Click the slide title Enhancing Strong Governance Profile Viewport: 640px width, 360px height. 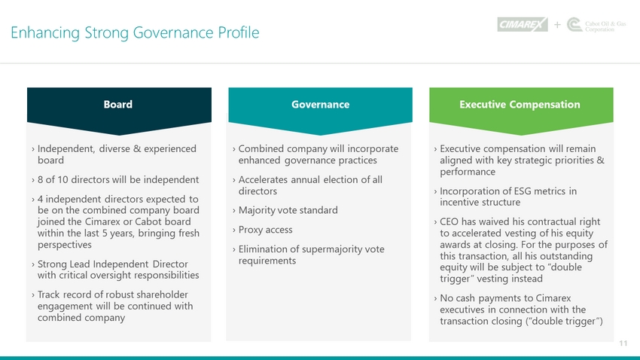pyautogui.click(x=135, y=32)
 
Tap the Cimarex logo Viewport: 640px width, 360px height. pyautogui.click(x=523, y=25)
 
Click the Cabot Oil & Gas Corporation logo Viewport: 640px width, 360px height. pyautogui.click(x=596, y=25)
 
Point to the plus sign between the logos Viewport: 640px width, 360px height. pyautogui.click(x=557, y=25)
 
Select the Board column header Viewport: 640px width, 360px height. pyautogui.click(x=118, y=105)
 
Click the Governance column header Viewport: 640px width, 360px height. pyautogui.click(x=321, y=105)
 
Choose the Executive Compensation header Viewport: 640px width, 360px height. pyautogui.click(x=520, y=105)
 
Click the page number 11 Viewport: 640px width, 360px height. pyautogui.click(x=623, y=343)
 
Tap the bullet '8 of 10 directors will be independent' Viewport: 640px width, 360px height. pyautogui.click(x=118, y=179)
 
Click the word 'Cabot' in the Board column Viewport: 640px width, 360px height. pyautogui.click(x=148, y=221)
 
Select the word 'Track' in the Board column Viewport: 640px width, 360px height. pyautogui.click(x=49, y=294)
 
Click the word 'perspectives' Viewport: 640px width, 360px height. pyautogui.click(x=65, y=245)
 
